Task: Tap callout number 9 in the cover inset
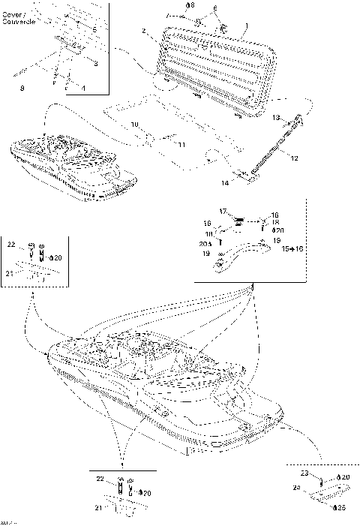pos(22,89)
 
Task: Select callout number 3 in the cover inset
pos(95,64)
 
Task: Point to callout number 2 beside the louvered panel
pos(143,31)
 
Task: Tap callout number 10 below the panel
pos(134,124)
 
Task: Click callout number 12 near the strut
pos(295,158)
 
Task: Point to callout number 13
pos(276,118)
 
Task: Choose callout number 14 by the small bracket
pos(224,182)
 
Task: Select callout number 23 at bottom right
pos(304,474)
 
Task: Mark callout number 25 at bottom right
pos(342,508)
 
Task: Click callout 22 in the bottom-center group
pos(99,478)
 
